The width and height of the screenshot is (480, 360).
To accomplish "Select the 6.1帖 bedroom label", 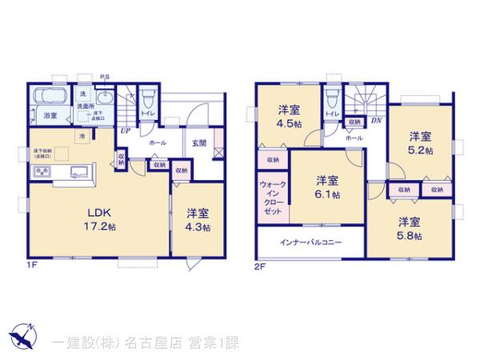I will (326, 186).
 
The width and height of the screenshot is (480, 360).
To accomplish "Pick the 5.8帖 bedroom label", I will (410, 228).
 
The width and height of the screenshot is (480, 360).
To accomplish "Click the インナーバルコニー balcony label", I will (311, 242).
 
